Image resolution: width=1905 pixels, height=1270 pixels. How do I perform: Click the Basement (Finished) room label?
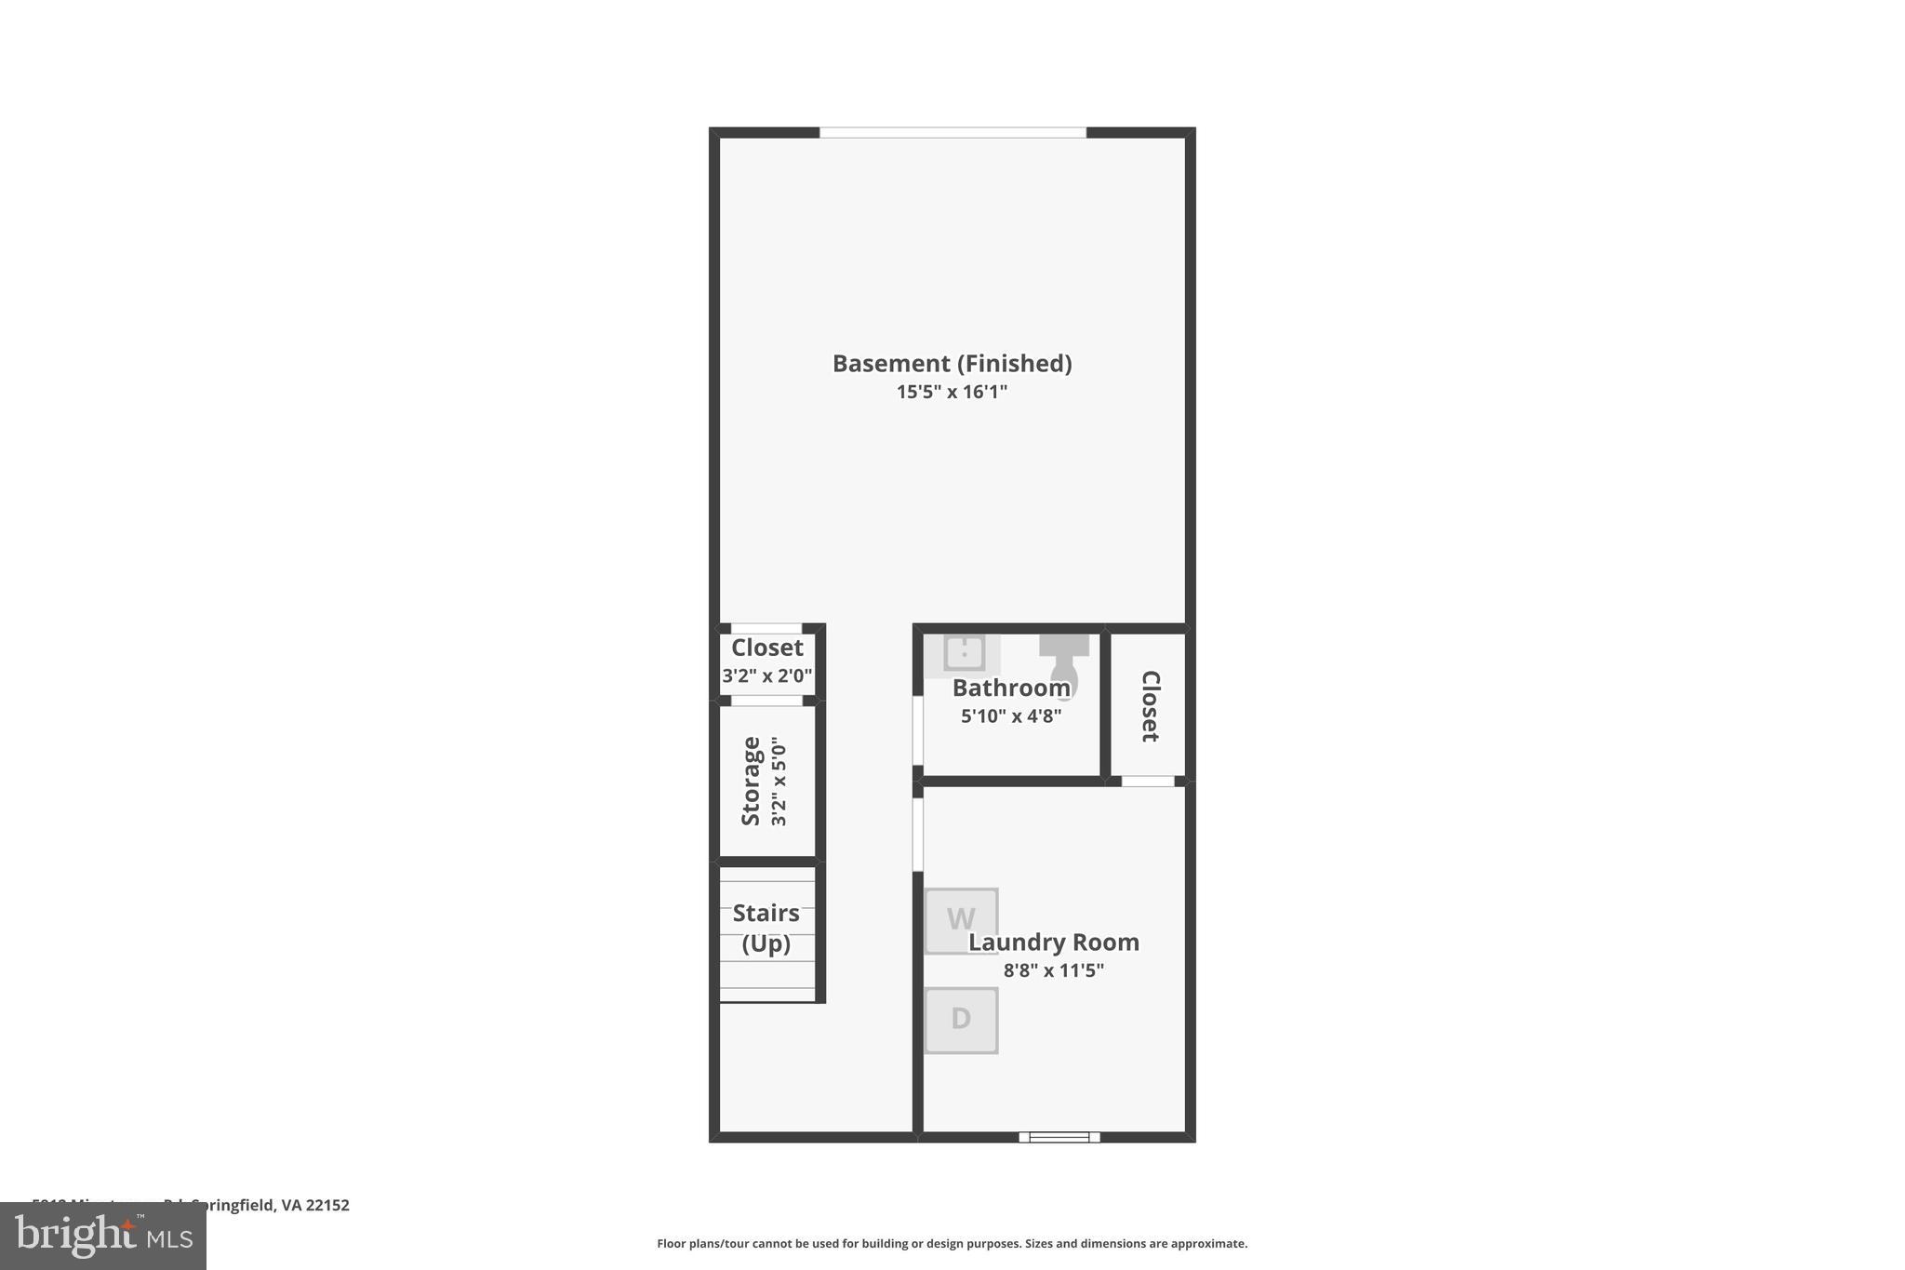coord(952,363)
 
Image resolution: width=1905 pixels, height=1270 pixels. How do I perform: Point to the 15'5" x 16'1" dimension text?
coord(952,392)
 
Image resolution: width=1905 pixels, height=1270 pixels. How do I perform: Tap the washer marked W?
coord(961,920)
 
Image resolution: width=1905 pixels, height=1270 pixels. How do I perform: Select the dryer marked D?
coord(961,1020)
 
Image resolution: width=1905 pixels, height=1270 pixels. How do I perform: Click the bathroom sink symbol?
coord(964,652)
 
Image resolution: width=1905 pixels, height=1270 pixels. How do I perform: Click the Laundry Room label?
coord(1054,942)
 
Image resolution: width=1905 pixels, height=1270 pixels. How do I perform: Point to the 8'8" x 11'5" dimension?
coord(1054,970)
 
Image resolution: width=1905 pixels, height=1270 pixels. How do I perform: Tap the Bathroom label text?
coord(1011,688)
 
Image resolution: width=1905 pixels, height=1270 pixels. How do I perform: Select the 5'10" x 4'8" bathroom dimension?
coord(1011,716)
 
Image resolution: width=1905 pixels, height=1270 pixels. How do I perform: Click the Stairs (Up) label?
coord(766,928)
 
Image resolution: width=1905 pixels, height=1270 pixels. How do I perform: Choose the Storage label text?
coord(751,781)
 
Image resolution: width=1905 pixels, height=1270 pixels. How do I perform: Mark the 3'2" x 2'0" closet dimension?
coord(767,675)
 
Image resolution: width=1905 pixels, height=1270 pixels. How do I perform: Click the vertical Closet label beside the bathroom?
coord(1150,705)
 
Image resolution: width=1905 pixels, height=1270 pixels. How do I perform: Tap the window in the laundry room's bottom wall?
coord(1059,1137)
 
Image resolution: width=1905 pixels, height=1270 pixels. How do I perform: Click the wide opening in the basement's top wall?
coord(952,132)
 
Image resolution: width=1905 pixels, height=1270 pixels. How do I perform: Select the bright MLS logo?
coord(103,1236)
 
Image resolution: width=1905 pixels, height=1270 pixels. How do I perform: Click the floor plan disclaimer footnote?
coord(952,1243)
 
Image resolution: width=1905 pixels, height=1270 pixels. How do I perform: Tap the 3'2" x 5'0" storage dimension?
coord(779,781)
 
